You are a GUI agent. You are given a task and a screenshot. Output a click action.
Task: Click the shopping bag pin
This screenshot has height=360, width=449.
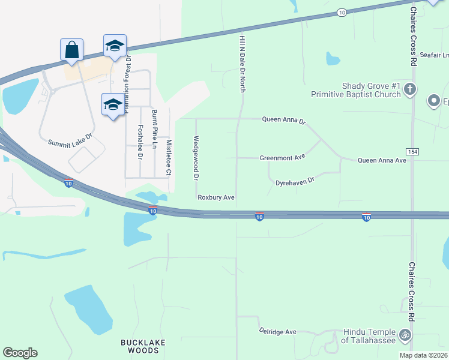(71, 50)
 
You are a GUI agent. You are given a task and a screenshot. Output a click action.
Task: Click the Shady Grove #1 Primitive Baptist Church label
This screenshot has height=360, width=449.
(355, 90)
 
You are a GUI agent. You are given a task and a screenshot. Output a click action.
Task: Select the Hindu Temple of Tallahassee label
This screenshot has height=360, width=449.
(369, 336)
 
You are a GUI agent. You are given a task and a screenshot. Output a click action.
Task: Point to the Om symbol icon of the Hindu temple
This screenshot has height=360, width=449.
(406, 335)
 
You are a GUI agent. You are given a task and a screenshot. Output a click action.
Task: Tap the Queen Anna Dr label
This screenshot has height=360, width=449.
(284, 120)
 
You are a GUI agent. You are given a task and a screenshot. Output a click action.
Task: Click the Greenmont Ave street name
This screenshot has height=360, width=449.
(282, 158)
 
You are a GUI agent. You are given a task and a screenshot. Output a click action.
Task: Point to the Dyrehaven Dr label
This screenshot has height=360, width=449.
(295, 181)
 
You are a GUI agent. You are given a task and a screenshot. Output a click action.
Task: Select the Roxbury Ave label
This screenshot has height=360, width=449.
(215, 197)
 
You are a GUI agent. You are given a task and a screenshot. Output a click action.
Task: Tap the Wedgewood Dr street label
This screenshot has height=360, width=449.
(196, 158)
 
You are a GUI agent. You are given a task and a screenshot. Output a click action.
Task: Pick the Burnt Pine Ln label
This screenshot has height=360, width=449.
(154, 129)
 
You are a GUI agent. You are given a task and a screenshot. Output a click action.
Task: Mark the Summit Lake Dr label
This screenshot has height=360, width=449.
(70, 140)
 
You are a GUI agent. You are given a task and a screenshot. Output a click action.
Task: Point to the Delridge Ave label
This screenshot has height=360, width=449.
(278, 331)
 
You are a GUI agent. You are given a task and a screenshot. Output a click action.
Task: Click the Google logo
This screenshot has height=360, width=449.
(20, 353)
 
